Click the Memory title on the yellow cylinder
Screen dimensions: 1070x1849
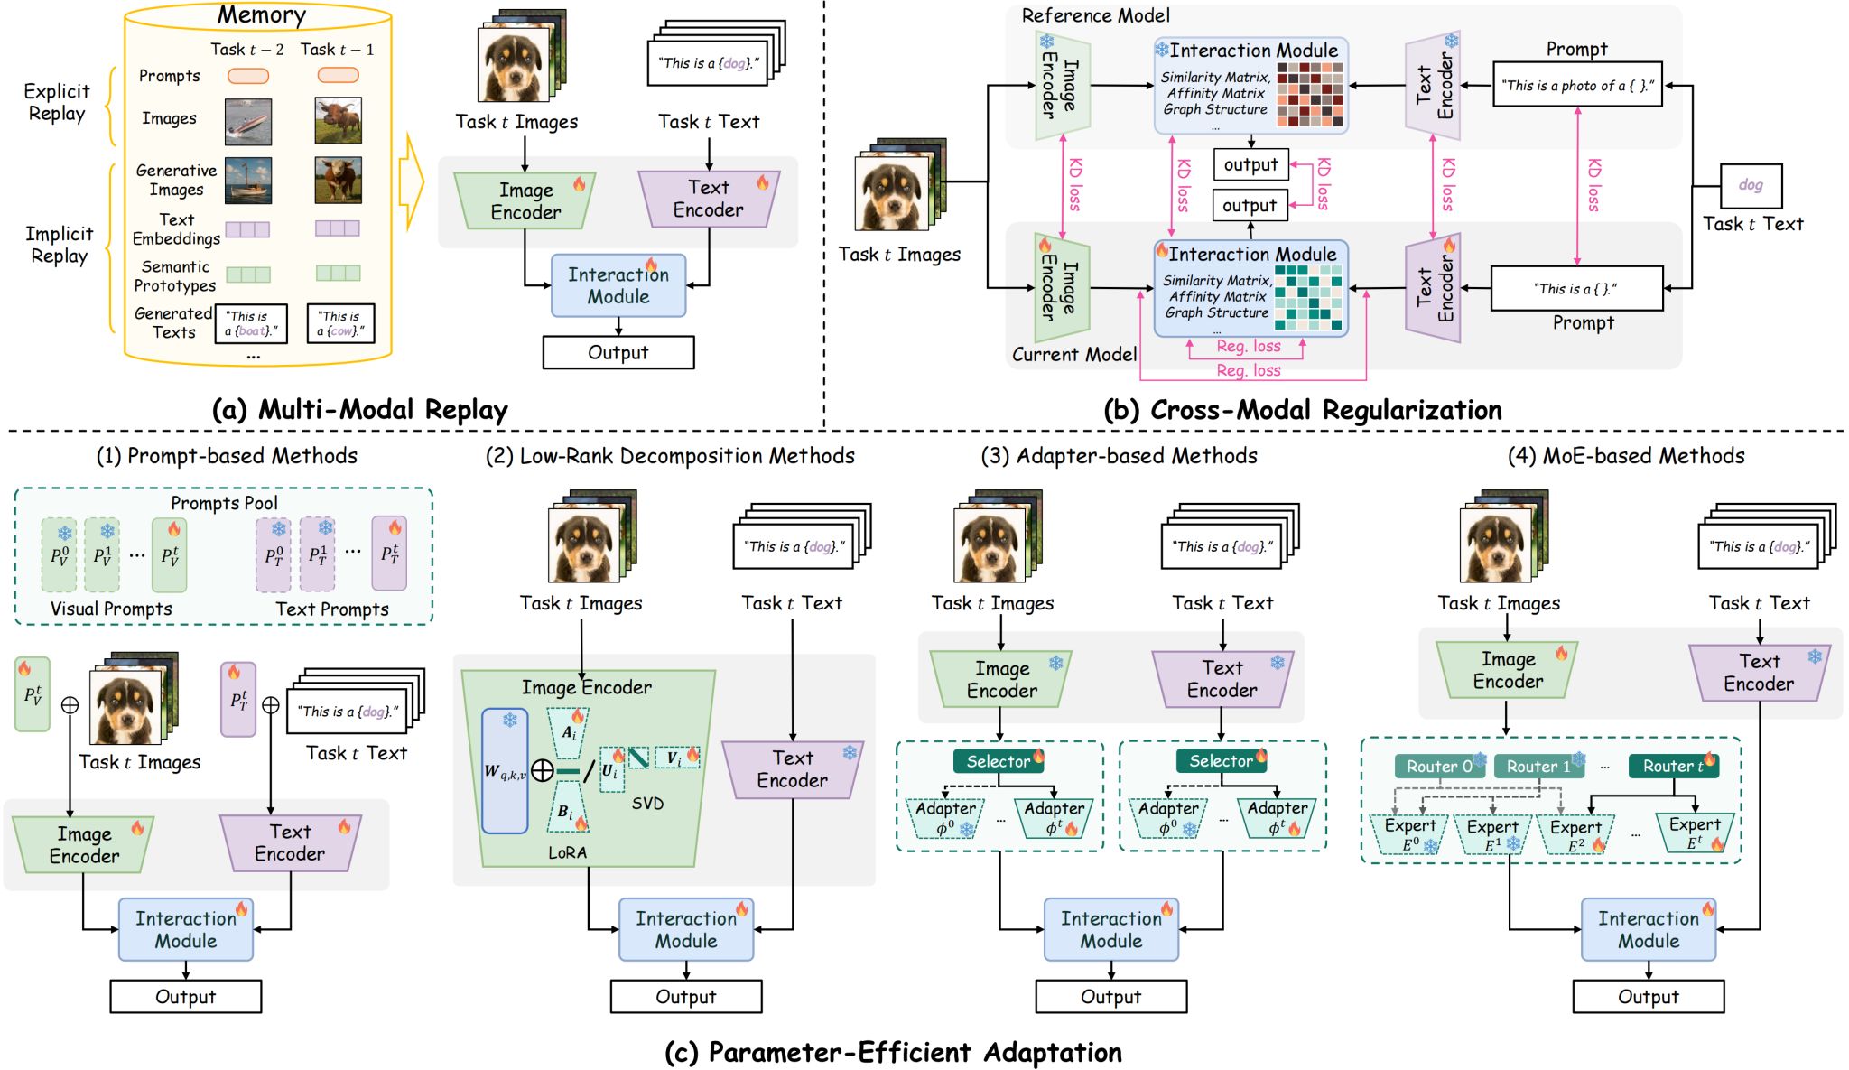pyautogui.click(x=261, y=15)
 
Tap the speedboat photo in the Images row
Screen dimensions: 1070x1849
pyautogui.click(x=248, y=121)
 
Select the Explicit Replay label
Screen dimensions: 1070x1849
pyautogui.click(x=56, y=102)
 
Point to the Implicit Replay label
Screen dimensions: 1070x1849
pyautogui.click(x=59, y=245)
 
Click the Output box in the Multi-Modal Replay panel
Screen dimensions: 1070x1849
pyautogui.click(x=618, y=352)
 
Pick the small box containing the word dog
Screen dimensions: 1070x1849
pyautogui.click(x=1751, y=185)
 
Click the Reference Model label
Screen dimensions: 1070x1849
pyautogui.click(x=1095, y=15)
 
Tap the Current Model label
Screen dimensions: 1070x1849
pyautogui.click(x=1073, y=354)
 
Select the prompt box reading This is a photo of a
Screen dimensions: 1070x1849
pyautogui.click(x=1577, y=86)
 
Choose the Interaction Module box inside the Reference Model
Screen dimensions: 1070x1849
pyautogui.click(x=1250, y=86)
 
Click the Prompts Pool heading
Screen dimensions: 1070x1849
pyautogui.click(x=224, y=503)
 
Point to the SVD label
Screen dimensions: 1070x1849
pyautogui.click(x=647, y=803)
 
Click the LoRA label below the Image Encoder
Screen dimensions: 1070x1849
pyautogui.click(x=567, y=852)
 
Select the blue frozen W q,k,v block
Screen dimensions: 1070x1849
pyautogui.click(x=505, y=770)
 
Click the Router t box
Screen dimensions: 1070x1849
pyautogui.click(x=1673, y=766)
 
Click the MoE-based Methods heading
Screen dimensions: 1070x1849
pyautogui.click(x=1626, y=456)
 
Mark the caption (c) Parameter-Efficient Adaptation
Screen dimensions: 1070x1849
pyautogui.click(x=893, y=1052)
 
